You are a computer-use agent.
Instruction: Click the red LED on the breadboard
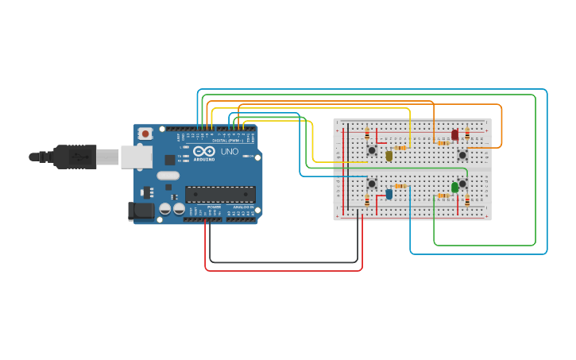[454, 135]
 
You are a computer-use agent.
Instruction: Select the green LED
[454, 188]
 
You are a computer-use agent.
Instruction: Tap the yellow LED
[389, 156]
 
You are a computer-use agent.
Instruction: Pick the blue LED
[389, 193]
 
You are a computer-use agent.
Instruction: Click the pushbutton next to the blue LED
[371, 184]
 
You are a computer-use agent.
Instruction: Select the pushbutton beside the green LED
[463, 184]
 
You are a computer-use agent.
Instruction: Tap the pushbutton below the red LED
[462, 155]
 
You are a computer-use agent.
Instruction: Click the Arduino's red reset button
[145, 134]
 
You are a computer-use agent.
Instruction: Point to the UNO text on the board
[229, 152]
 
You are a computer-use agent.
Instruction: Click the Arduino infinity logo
[204, 151]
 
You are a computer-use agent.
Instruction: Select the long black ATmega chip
[220, 194]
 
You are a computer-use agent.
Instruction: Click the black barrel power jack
[141, 211]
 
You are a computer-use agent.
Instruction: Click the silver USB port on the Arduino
[136, 157]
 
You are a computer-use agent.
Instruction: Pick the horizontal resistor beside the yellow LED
[400, 148]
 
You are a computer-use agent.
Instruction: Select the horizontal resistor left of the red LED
[441, 143]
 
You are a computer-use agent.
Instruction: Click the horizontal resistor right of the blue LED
[400, 186]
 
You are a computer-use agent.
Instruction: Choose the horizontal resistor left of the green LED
[442, 195]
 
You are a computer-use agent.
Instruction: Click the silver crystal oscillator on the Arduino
[168, 176]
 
